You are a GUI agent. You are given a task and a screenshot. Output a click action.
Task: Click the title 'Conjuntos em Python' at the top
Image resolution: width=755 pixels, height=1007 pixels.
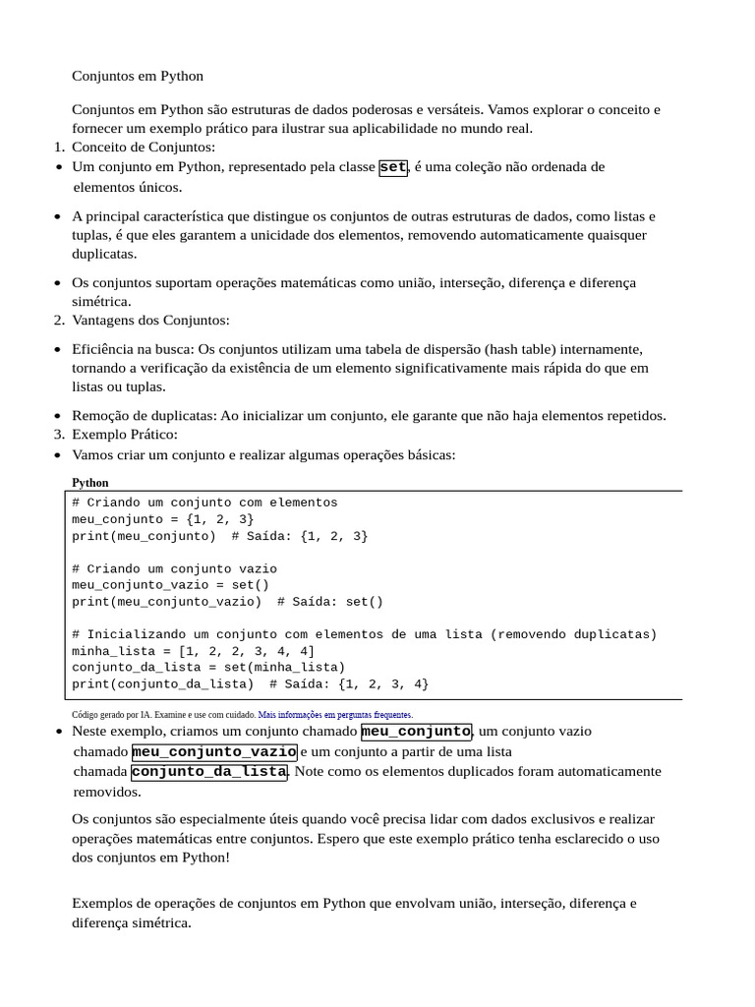138,76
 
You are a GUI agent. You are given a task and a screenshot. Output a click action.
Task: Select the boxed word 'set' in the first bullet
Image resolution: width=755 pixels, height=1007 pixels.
393,167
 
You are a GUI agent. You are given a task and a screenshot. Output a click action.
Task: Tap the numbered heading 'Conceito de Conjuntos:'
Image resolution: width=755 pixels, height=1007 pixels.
143,148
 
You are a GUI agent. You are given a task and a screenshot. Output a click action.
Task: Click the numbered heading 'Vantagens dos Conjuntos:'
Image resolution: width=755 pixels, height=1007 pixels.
150,320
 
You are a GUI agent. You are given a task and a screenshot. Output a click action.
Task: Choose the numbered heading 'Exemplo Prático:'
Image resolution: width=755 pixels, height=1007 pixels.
125,434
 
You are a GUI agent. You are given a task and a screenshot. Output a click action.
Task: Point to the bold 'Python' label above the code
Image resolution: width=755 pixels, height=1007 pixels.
90,483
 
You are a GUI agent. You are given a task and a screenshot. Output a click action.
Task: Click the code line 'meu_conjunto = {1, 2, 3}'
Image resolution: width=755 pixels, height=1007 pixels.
162,519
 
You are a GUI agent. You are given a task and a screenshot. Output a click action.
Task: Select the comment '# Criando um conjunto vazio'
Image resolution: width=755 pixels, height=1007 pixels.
174,568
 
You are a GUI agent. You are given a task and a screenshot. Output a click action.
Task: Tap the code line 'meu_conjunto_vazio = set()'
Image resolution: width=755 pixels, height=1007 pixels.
170,585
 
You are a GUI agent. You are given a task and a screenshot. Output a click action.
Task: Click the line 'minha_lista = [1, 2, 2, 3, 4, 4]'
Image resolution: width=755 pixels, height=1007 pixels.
193,651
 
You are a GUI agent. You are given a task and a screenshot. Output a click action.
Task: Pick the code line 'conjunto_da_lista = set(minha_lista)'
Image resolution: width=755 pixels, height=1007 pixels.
208,667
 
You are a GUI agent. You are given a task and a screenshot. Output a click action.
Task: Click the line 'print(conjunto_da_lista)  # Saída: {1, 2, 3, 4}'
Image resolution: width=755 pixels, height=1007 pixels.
250,683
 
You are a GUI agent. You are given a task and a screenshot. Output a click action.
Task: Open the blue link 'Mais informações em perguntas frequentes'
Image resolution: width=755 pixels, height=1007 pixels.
335,715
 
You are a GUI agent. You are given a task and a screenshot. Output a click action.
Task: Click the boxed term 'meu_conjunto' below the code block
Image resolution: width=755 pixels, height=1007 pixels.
417,732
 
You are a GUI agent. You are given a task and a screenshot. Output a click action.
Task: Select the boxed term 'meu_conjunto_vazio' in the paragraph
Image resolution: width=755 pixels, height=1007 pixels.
213,752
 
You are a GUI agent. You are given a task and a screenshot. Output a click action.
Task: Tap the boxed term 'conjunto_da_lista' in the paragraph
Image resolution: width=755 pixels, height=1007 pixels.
208,772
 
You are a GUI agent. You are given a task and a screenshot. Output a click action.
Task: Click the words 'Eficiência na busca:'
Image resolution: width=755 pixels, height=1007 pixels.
134,349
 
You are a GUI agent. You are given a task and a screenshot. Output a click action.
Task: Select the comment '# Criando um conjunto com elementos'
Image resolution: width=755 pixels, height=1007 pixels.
204,503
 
